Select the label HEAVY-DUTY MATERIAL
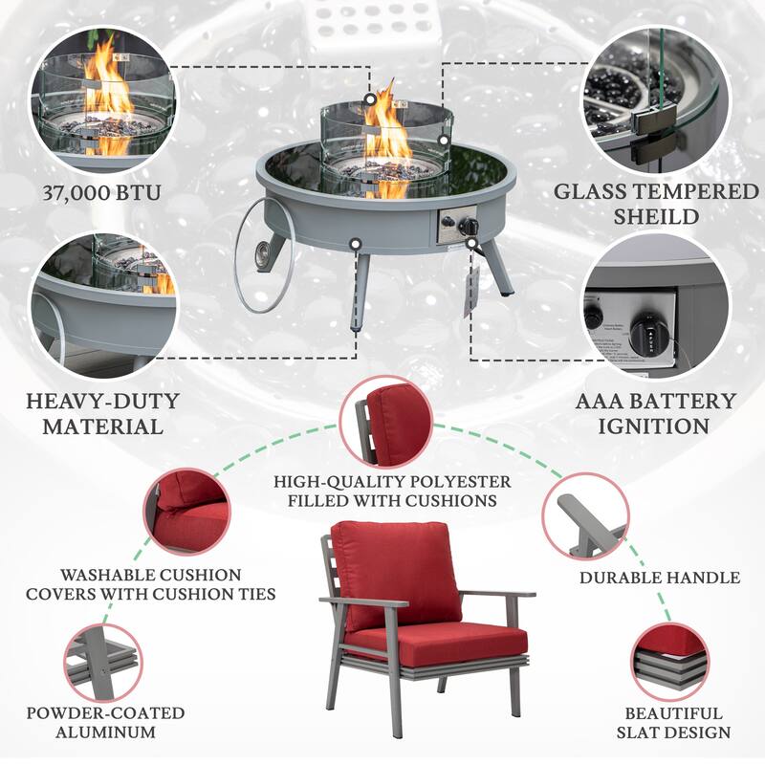point(101,412)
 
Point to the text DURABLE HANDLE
point(659,578)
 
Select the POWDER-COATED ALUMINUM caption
point(104,723)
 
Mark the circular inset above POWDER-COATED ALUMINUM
point(104,659)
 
